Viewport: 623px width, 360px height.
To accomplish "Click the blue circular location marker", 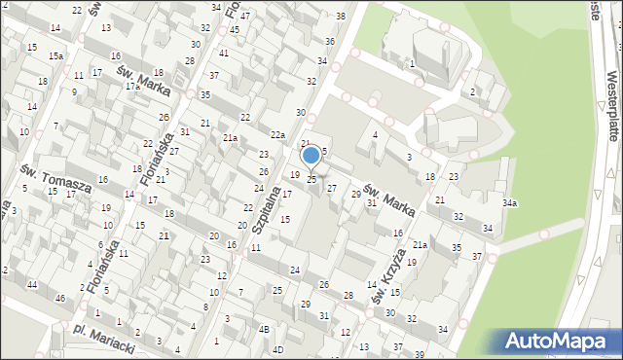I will coord(311,155).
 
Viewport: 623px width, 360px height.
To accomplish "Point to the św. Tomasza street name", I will coord(56,177).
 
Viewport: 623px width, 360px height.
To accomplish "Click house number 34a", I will coord(509,203).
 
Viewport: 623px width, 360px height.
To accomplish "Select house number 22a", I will coord(277,135).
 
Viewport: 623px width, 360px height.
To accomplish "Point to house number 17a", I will coord(132,87).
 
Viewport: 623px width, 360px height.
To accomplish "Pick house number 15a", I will coord(57,56).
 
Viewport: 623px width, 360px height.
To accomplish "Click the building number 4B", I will coord(264,329).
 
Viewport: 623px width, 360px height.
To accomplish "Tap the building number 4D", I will coord(276,348).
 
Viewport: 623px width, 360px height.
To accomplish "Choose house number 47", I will coord(245,17).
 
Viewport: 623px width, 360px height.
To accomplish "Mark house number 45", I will coord(235,30).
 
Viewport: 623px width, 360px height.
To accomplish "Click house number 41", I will coord(224,54).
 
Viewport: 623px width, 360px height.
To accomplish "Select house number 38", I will coord(340,17).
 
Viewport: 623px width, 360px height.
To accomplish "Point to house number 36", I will coord(330,41).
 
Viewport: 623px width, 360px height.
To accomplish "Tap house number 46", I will coord(60,297).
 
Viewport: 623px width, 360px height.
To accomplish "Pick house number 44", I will coord(32,283).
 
